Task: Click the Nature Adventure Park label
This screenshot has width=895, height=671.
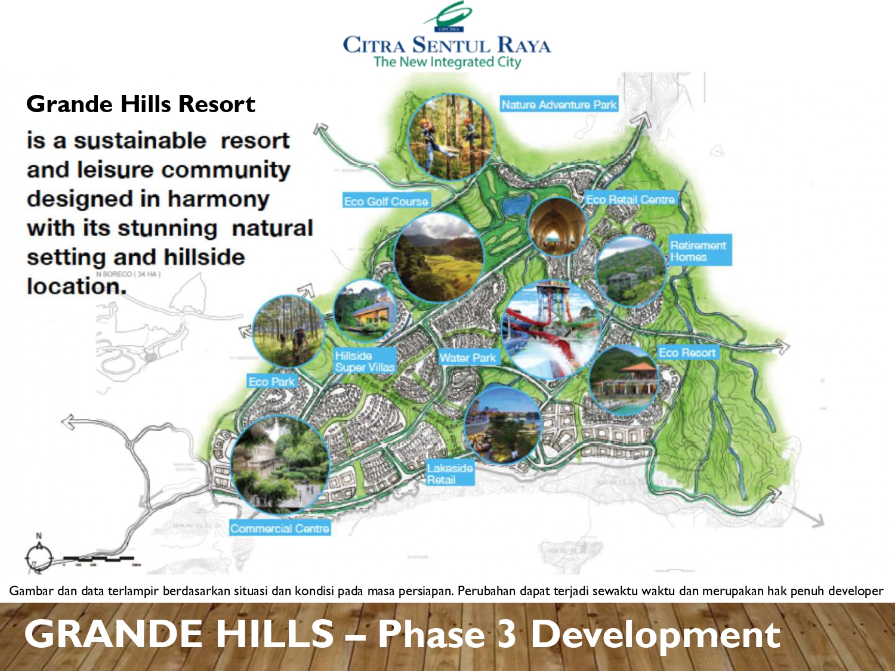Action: point(558,104)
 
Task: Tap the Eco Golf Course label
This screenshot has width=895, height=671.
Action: point(386,201)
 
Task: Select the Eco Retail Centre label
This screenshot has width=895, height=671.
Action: point(630,199)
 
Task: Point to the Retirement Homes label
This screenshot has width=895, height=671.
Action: point(698,251)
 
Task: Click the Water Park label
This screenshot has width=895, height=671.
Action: point(468,358)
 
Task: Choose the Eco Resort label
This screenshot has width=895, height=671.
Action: point(687,352)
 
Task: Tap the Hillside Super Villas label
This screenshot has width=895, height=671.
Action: point(365,361)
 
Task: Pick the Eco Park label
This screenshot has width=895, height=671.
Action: point(271,382)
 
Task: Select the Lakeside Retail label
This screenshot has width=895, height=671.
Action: point(450,474)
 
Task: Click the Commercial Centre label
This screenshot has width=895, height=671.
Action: point(280,528)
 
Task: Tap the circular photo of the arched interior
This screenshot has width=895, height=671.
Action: point(556,227)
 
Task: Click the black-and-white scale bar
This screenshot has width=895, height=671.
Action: point(98,559)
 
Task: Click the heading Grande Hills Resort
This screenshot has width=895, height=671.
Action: point(141,104)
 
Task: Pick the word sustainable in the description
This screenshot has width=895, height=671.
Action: point(140,141)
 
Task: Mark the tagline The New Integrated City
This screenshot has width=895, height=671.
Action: point(447,62)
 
